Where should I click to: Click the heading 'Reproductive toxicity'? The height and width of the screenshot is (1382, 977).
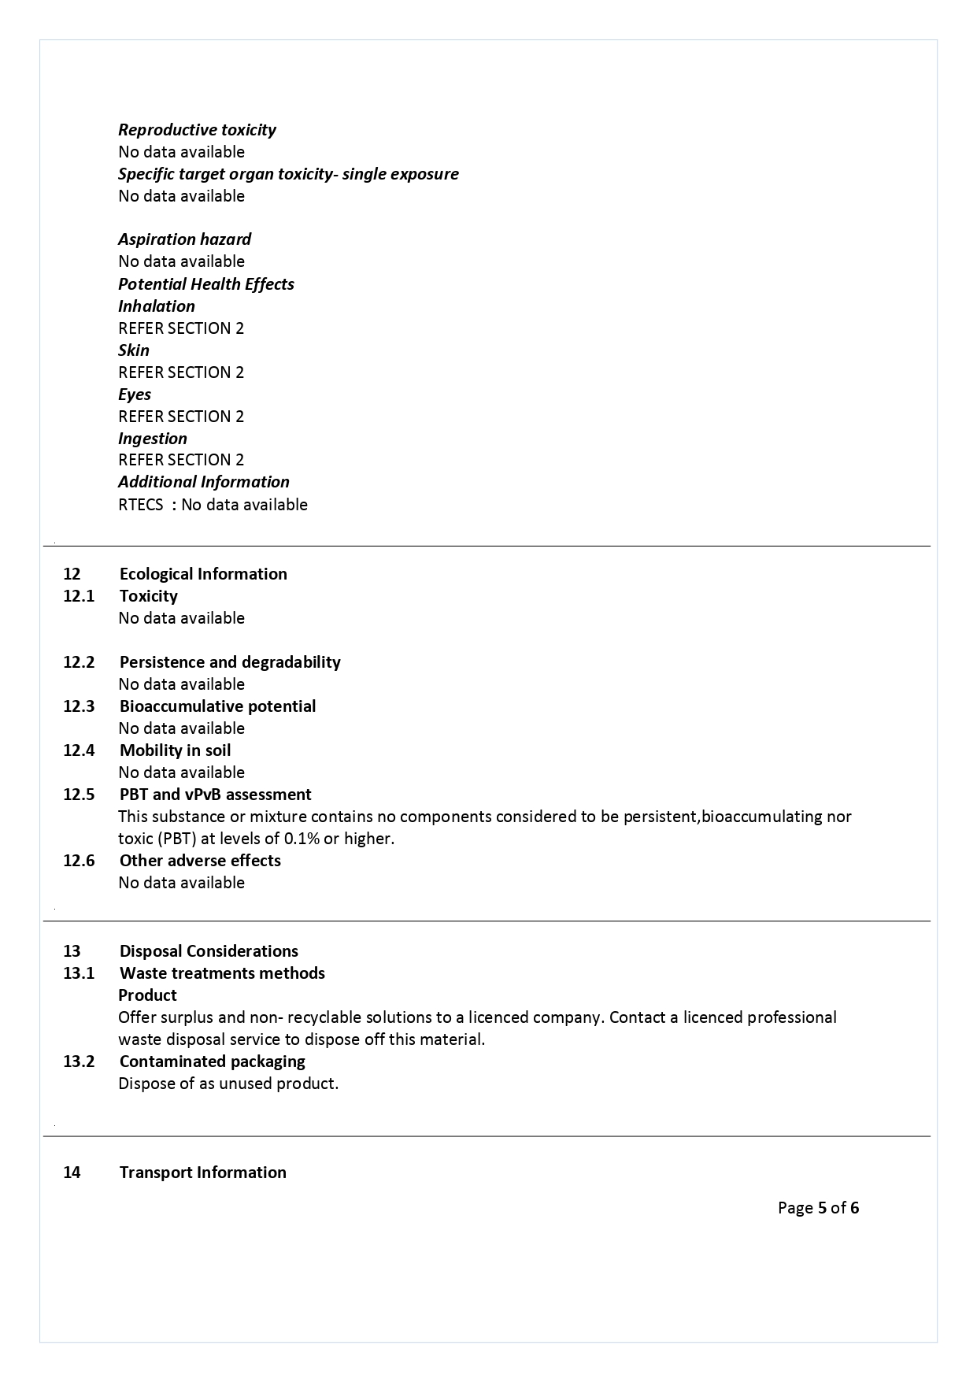[197, 130]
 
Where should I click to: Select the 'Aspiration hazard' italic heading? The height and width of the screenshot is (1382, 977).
[184, 239]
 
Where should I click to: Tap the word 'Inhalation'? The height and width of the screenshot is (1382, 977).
[156, 306]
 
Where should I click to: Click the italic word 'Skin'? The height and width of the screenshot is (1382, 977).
[133, 350]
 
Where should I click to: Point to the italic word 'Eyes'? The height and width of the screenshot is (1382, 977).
[134, 395]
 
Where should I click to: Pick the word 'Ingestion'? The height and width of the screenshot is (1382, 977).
[153, 439]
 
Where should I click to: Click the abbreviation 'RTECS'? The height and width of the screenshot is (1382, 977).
[140, 505]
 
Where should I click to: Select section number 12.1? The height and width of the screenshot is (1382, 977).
[79, 596]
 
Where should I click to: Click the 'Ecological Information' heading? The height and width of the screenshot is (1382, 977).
[203, 574]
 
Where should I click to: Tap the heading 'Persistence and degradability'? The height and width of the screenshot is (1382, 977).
[230, 662]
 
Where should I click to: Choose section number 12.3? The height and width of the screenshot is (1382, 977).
[79, 706]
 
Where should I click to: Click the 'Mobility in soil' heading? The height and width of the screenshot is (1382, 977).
[175, 750]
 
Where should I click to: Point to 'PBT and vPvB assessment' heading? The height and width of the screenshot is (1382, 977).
[215, 795]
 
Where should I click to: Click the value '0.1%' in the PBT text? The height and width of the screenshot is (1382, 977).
[302, 839]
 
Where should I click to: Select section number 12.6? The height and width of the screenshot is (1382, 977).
[79, 861]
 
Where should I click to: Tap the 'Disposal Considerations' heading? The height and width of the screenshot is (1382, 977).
[209, 951]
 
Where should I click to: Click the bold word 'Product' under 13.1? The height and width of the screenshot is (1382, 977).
[147, 995]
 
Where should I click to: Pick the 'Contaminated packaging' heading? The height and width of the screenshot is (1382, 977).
[212, 1062]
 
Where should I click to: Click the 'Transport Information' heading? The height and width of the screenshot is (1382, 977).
[202, 1173]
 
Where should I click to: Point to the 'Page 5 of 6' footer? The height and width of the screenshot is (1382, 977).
[818, 1208]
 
